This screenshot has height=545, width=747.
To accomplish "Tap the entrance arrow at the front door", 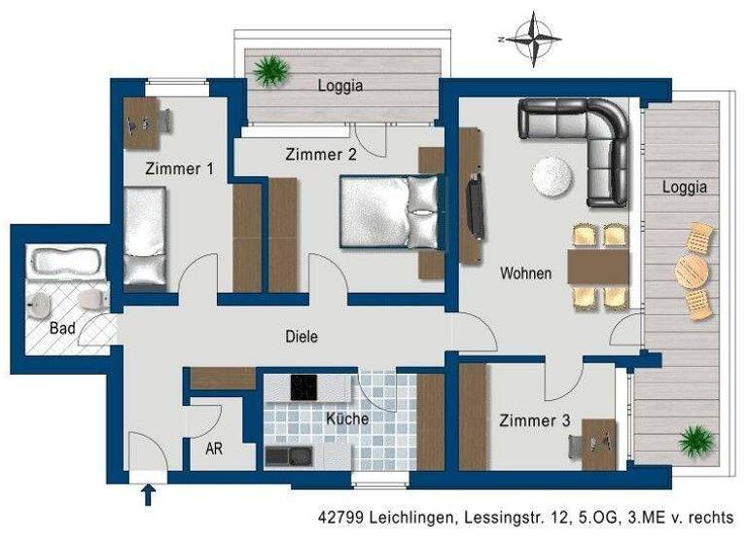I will tap(148, 494).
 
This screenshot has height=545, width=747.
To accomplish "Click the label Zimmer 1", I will tap(179, 168).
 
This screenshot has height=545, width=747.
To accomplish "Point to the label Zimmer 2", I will tap(321, 154).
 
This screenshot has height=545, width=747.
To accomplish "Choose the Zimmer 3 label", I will tap(534, 421).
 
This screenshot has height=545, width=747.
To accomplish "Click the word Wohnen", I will tap(526, 273).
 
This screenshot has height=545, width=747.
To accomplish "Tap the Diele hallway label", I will tap(302, 336).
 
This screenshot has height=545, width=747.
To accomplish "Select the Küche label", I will tap(347, 419).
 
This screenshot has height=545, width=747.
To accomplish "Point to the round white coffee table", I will tap(551, 177).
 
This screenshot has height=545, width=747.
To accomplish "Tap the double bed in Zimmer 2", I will tap(387, 212).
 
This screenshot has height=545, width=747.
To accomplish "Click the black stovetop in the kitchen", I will tap(303, 387).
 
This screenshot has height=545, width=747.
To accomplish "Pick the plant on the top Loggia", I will tap(269, 70).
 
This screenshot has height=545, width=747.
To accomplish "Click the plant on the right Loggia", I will tap(696, 441).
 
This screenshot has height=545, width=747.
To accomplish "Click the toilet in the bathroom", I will tap(92, 299).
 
